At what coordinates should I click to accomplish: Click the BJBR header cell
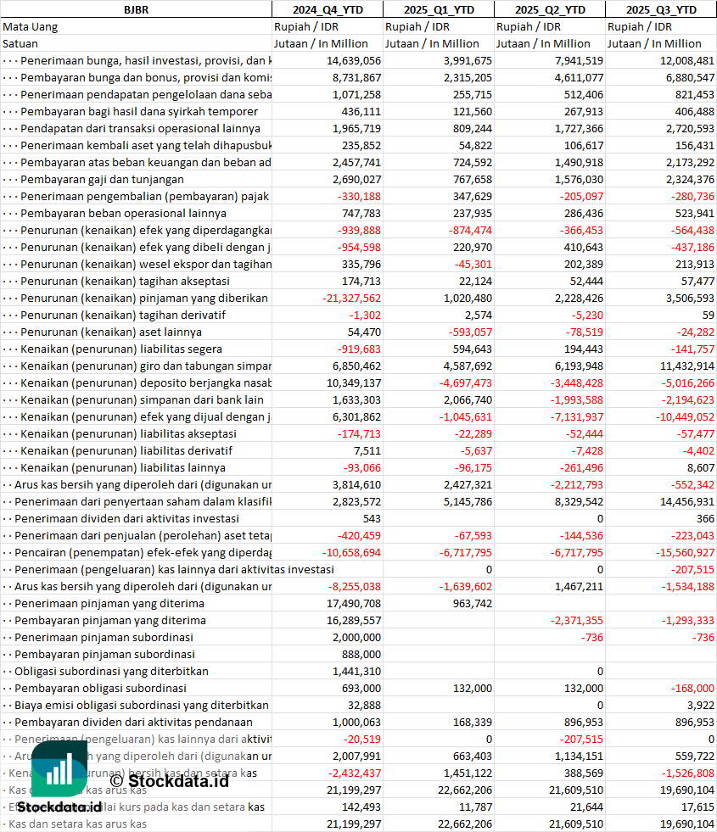click(x=136, y=9)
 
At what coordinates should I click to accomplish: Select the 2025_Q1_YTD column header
click(x=438, y=9)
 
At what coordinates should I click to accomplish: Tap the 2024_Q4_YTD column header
click(x=327, y=9)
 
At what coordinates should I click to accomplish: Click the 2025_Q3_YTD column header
click(x=661, y=9)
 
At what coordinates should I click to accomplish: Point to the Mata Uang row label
click(x=30, y=26)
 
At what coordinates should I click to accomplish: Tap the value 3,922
click(x=701, y=705)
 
